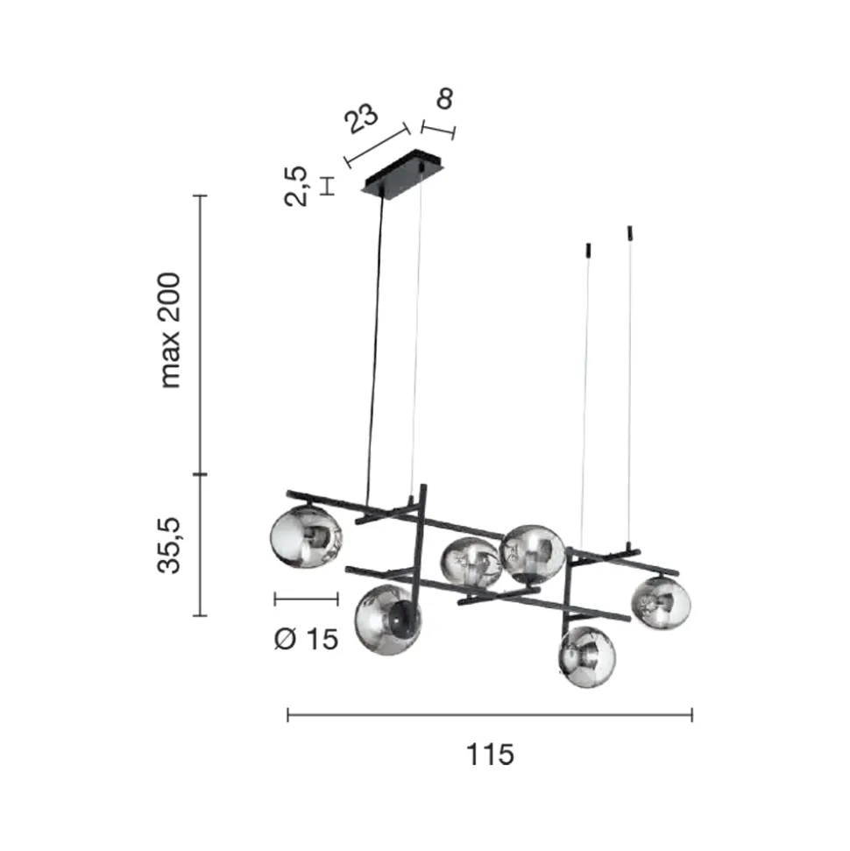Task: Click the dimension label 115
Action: click(490, 754)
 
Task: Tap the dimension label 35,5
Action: click(169, 545)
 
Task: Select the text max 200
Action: click(169, 330)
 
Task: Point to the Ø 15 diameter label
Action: click(306, 639)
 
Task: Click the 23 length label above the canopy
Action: click(362, 117)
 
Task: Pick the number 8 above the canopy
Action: click(444, 98)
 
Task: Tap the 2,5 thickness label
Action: click(296, 186)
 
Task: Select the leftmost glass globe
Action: click(306, 536)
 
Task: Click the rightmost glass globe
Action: click(661, 603)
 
